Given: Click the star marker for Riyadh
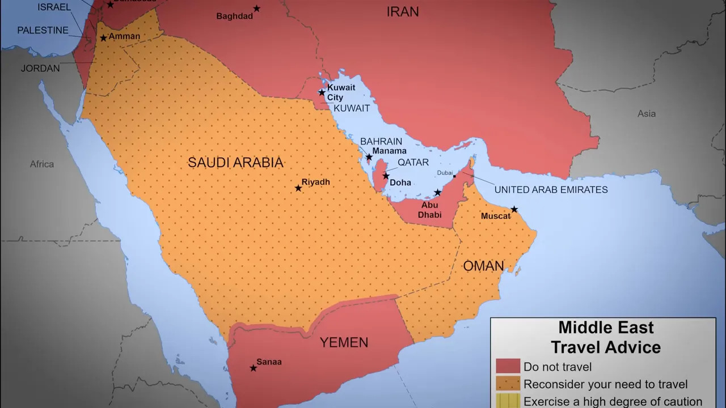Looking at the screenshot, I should pyautogui.click(x=298, y=188).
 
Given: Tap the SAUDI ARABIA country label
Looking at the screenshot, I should pyautogui.click(x=235, y=163).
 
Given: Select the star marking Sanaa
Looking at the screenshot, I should pyautogui.click(x=253, y=368).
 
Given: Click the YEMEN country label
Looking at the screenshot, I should pyautogui.click(x=344, y=342).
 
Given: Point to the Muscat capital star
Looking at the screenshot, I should pyautogui.click(x=514, y=210).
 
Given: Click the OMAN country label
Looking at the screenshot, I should pyautogui.click(x=483, y=266).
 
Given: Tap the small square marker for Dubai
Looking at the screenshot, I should pyautogui.click(x=454, y=177).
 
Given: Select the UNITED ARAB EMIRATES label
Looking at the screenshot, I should pyautogui.click(x=551, y=190).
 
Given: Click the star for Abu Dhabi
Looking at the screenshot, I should pyautogui.click(x=437, y=193).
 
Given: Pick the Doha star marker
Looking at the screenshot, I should pyautogui.click(x=386, y=176).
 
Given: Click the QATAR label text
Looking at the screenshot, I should pyautogui.click(x=413, y=162).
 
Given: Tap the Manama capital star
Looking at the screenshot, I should pyautogui.click(x=369, y=157).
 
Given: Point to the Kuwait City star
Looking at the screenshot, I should pyautogui.click(x=322, y=92).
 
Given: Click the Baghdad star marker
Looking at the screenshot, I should pyautogui.click(x=256, y=8).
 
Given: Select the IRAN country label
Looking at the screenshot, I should pyautogui.click(x=402, y=11).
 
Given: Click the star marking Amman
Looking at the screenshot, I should pyautogui.click(x=103, y=39).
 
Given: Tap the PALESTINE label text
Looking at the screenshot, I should pyautogui.click(x=43, y=31).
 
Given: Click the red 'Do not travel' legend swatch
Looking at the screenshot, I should pyautogui.click(x=508, y=366).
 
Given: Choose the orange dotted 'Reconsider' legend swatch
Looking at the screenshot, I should pyautogui.click(x=508, y=384).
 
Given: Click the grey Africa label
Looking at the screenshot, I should pyautogui.click(x=42, y=164).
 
